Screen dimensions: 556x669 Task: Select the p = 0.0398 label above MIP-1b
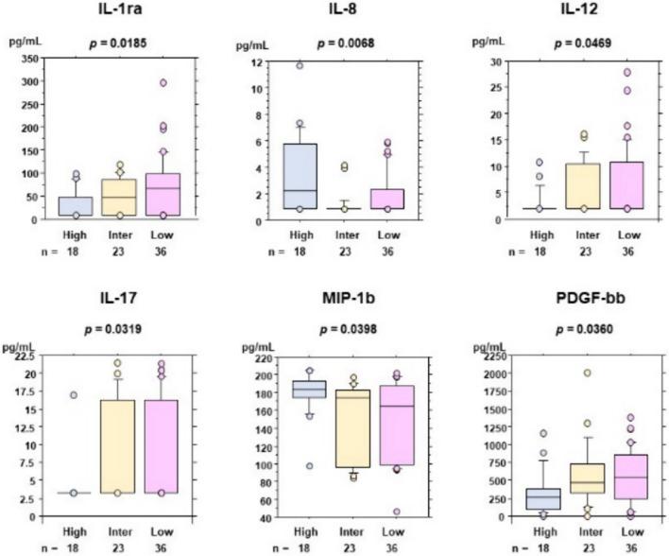346,328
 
